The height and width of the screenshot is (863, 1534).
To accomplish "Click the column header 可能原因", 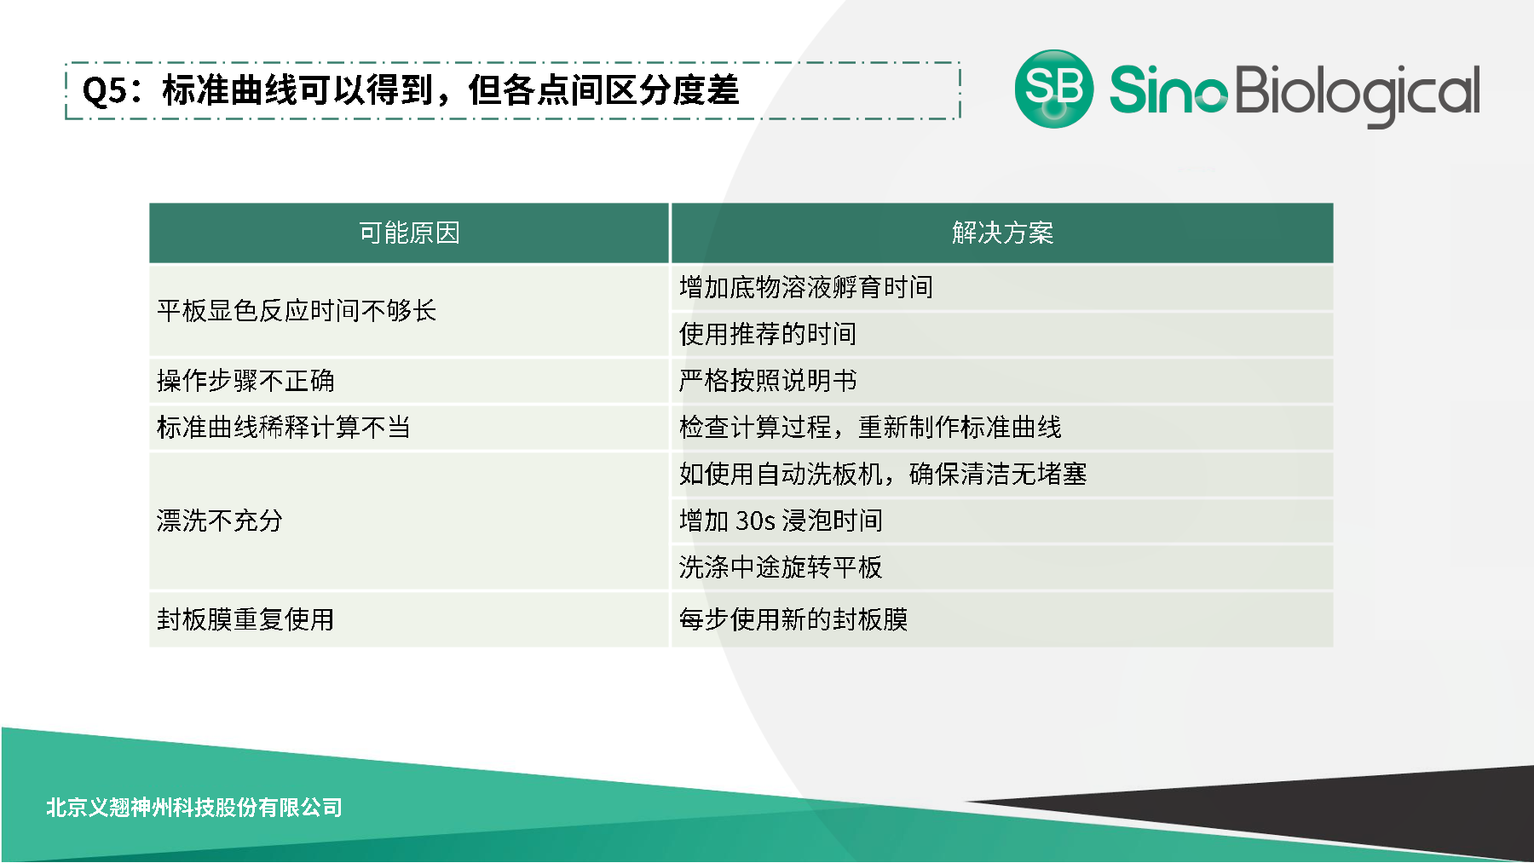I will (x=409, y=233).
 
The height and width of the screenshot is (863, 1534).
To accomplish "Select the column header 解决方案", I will (x=1002, y=233).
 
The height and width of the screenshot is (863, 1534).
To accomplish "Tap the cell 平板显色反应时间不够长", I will (x=297, y=311).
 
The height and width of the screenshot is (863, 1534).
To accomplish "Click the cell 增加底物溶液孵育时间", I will (x=806, y=288).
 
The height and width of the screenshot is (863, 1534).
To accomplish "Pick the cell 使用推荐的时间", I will (x=768, y=334).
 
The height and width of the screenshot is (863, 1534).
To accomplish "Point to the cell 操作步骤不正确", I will (x=245, y=381).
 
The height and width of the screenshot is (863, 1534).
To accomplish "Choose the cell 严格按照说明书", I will (x=768, y=381).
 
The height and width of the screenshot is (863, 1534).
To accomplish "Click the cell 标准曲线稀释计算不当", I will (x=284, y=427).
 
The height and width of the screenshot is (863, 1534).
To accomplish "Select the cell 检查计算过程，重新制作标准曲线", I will (x=870, y=427).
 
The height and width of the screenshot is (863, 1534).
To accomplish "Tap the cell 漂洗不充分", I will (x=220, y=521).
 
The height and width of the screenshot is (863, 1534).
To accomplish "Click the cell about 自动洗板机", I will (x=883, y=474).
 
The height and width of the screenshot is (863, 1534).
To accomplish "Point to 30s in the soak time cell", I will (x=755, y=521).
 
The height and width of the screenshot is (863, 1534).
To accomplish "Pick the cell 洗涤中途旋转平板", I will (x=781, y=567).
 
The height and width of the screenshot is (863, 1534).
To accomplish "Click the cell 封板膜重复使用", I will (x=245, y=619).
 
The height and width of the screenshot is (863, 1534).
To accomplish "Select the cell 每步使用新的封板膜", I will (x=793, y=619).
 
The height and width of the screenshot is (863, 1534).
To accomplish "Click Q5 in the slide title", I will (x=104, y=91).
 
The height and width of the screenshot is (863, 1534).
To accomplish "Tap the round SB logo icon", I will (x=1054, y=89).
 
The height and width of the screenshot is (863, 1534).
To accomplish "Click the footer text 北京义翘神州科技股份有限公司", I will (x=194, y=807).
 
